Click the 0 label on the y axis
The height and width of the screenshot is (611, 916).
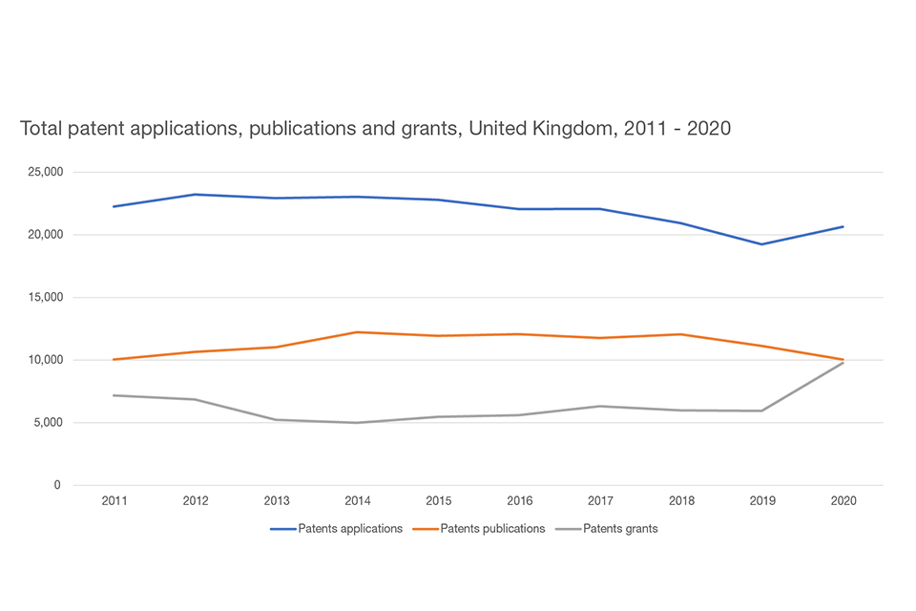tap(57, 485)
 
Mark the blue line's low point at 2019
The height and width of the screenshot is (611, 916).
tap(761, 243)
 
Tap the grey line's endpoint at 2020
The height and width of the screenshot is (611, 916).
tap(843, 363)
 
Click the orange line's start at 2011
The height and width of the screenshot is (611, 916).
tap(114, 359)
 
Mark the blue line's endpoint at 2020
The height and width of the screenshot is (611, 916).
tap(843, 226)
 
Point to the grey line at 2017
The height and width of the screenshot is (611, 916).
tap(599, 406)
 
